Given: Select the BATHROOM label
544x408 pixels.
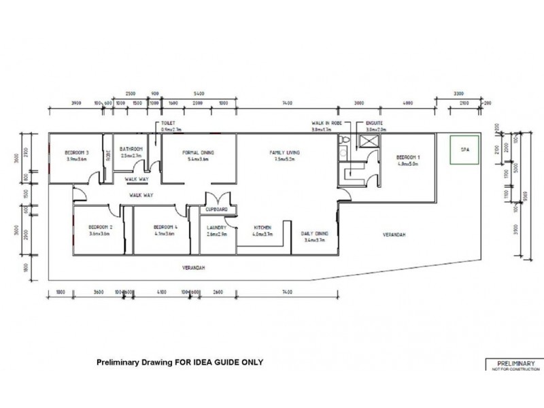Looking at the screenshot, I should (131, 148).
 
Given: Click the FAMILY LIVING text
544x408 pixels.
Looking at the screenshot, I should (284, 152).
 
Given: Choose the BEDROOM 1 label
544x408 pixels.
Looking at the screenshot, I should (409, 157).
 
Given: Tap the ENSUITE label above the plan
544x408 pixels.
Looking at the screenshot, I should (375, 123).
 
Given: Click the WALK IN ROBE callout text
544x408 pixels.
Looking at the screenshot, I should (322, 123).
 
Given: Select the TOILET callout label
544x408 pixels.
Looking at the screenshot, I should (167, 123).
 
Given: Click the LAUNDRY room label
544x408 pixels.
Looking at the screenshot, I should (217, 227).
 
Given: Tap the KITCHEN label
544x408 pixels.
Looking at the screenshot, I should (263, 227).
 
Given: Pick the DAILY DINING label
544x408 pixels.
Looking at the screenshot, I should (314, 233).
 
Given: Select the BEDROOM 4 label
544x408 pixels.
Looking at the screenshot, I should (165, 227).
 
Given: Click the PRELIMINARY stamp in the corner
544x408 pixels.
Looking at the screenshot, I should (515, 362).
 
